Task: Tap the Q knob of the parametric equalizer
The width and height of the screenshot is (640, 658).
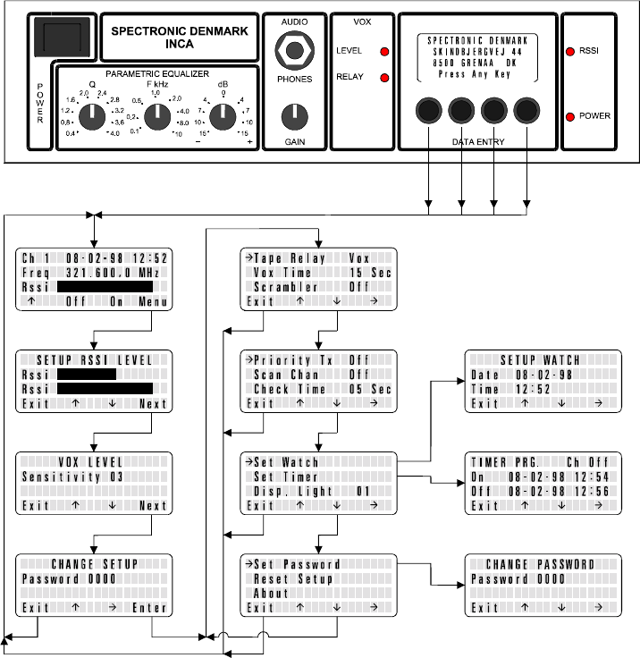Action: [x=91, y=115]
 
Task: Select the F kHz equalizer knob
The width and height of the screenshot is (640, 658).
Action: [x=156, y=115]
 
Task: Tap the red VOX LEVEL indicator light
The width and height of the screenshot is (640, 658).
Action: [x=385, y=52]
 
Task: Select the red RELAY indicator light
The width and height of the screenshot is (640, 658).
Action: [x=385, y=78]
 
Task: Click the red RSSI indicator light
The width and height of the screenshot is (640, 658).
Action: [x=570, y=52]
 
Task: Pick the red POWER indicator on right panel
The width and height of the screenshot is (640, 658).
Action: [x=570, y=116]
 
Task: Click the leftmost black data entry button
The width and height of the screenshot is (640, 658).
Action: [x=429, y=111]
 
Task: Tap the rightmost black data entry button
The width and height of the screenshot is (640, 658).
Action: [x=526, y=111]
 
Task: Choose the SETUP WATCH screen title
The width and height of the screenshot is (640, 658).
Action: [x=540, y=360]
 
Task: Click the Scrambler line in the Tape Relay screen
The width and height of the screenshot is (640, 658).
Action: [x=287, y=287]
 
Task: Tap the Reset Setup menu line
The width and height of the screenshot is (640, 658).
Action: [x=293, y=579]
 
